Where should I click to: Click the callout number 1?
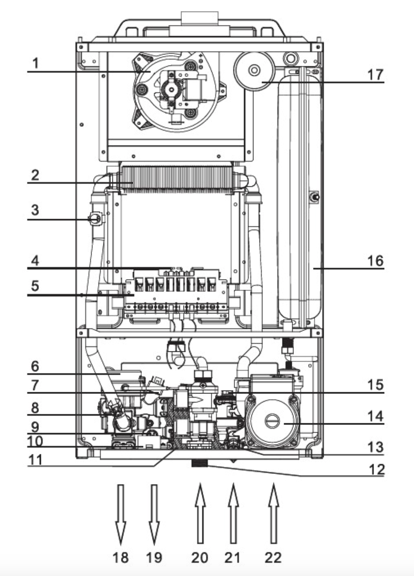[36, 63]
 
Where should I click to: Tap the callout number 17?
[375, 75]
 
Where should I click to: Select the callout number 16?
[375, 260]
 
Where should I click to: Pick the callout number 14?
[375, 416]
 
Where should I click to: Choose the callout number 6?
[35, 366]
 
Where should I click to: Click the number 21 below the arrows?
[233, 557]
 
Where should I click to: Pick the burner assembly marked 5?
[175, 294]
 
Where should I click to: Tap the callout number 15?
[375, 385]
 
